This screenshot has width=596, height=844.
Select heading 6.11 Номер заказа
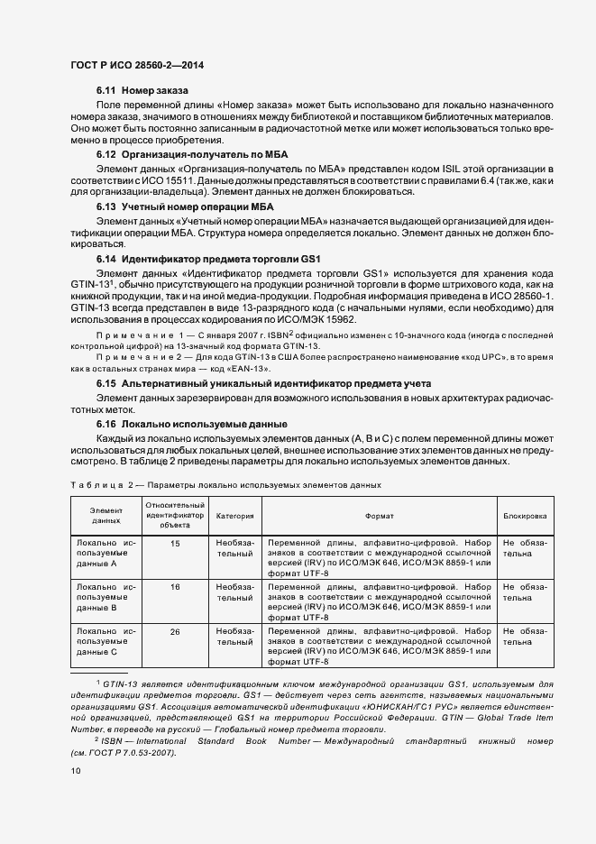point(142,91)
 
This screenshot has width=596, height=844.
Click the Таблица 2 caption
point(225,484)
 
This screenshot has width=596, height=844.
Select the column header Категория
point(234,517)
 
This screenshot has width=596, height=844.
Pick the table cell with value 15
point(174,543)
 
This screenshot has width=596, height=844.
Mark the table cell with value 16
point(174,586)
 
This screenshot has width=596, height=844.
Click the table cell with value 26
point(174,630)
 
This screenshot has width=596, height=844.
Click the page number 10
point(77,771)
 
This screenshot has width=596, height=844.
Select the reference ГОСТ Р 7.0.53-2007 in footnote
point(125,752)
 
